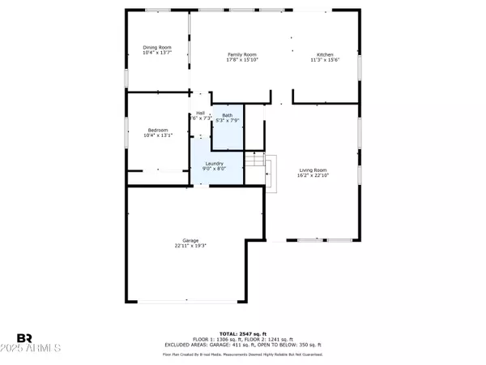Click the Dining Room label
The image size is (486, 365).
tap(157, 48)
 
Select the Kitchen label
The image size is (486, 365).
tap(324, 54)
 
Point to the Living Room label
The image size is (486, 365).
tap(313, 169)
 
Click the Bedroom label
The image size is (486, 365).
tap(157, 130)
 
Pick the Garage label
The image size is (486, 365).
tap(191, 240)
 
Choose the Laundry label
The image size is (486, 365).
tap(215, 164)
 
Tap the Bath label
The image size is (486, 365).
tap(228, 114)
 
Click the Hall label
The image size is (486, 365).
tap(200, 113)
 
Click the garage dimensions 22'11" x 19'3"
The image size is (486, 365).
tap(191, 245)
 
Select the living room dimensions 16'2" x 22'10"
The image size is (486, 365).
tap(313, 174)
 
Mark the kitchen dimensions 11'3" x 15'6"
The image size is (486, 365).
tap(324, 60)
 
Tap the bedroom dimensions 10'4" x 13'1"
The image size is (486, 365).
tap(157, 135)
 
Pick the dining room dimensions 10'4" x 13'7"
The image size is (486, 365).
tap(157, 53)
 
